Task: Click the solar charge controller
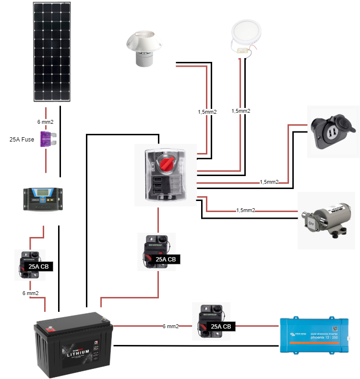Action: click(x=43, y=199)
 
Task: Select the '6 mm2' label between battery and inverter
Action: click(x=170, y=326)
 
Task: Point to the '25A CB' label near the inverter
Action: click(x=221, y=327)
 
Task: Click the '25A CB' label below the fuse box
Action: click(x=166, y=260)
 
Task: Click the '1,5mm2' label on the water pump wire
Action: click(x=245, y=210)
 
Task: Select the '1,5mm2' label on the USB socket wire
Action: click(x=269, y=182)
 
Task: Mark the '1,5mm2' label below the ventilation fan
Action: click(x=207, y=112)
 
